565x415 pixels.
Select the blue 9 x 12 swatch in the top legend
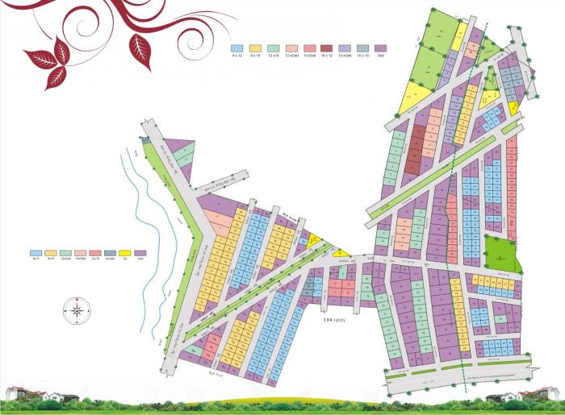click(x=237, y=48)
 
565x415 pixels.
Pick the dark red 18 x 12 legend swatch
click(x=326, y=48)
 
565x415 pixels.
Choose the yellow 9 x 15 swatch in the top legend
click(x=255, y=48)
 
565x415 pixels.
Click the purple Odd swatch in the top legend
click(x=380, y=48)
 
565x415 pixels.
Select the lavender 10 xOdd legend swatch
click(x=345, y=48)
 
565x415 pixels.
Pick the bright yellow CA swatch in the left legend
click(x=125, y=253)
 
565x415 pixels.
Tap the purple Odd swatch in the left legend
click(x=140, y=253)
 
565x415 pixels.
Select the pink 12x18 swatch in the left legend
click(x=94, y=253)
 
